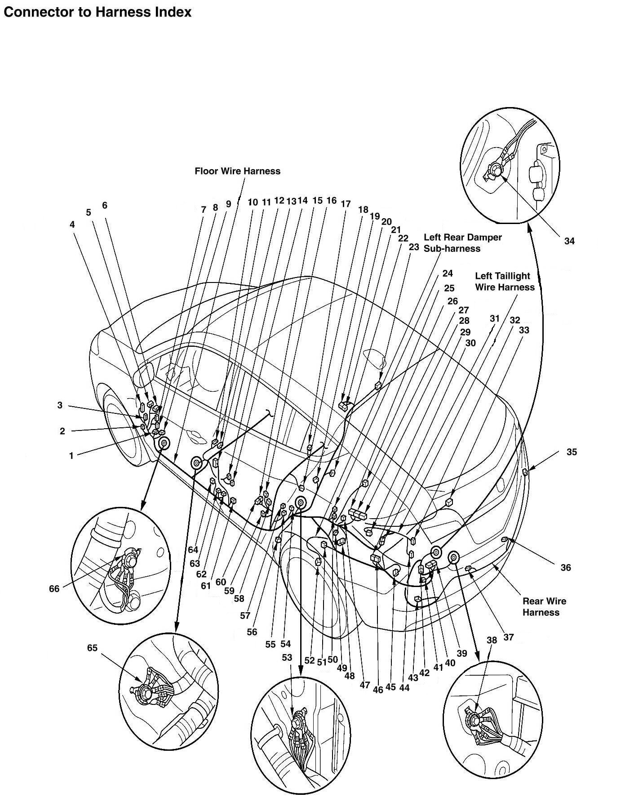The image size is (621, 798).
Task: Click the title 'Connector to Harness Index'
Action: pos(98,12)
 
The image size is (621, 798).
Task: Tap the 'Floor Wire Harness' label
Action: pos(237,171)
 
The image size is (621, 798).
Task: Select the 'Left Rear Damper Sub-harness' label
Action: pos(462,243)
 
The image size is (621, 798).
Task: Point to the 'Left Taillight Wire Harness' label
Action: pos(505,282)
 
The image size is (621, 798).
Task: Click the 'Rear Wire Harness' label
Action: pos(544,606)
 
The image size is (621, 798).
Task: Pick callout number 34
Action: pos(569,241)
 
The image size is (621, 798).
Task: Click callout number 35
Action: pos(571,452)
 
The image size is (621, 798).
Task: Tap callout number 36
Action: pos(565,568)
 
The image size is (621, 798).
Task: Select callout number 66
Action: pos(54,588)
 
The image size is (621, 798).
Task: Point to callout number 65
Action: pos(92,648)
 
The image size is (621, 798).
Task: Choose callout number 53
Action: pos(287,657)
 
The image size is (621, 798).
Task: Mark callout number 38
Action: pos(492,640)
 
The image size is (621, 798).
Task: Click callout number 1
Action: pos(71,456)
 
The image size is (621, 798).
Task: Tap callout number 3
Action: pos(60,405)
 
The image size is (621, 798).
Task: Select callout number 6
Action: pos(105,206)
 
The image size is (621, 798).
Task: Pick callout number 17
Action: pos(346,204)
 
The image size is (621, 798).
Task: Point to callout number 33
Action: pos(524,330)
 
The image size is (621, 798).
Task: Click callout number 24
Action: pos(448,273)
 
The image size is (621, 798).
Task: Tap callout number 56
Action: pos(252,632)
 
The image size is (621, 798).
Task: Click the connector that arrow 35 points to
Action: pos(525,471)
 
